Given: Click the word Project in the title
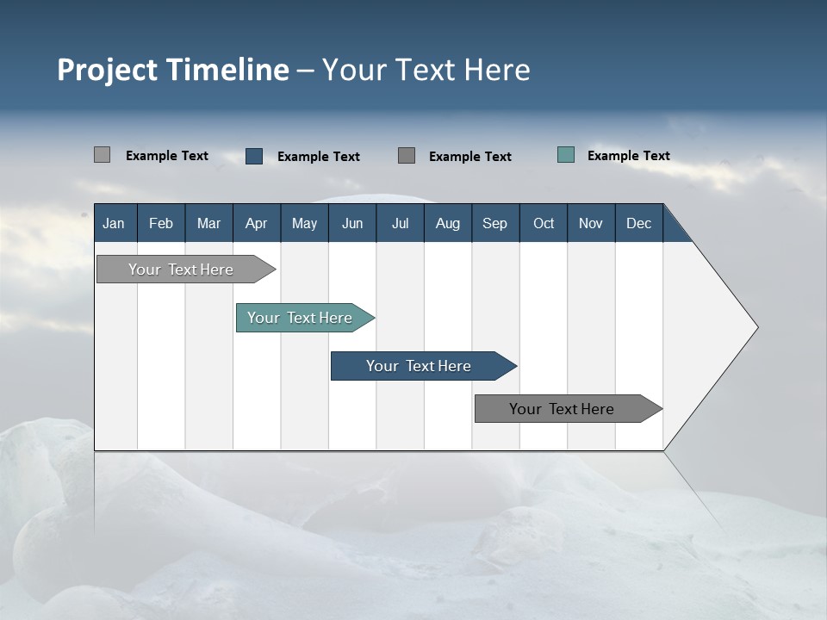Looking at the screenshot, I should [106, 70].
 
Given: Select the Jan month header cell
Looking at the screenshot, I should [114, 223].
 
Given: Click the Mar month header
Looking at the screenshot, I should [208, 223].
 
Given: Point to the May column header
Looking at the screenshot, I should [304, 223].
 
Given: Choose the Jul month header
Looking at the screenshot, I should [400, 223].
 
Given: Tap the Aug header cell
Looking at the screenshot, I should [448, 223].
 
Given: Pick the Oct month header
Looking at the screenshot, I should [544, 223].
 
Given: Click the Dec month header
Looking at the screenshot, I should [639, 223].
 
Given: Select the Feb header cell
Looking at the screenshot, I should [161, 223].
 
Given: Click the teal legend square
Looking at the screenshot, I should [566, 155].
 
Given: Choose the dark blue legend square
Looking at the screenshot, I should [254, 156].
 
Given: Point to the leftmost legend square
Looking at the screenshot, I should [103, 155].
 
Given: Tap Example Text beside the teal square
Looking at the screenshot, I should [628, 156].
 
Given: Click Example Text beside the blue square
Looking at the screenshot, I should [318, 157].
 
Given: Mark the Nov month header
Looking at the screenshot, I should [591, 223].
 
